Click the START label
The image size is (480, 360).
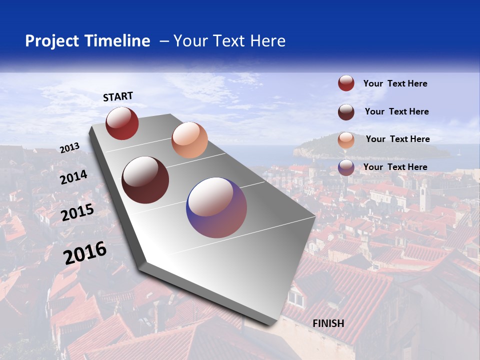118,96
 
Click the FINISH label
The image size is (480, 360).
328,323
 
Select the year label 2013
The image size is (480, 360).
69,148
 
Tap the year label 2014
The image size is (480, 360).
73,177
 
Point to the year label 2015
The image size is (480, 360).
77,212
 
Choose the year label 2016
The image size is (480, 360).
85,253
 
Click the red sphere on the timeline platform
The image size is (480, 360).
122,123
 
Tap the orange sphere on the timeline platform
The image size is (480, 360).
189,140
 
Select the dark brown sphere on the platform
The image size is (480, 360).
145,180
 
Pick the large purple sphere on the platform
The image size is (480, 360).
216,207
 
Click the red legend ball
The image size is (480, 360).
346,83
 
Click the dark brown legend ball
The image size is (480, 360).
346,112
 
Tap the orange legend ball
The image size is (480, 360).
346,140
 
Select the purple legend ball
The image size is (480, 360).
346,167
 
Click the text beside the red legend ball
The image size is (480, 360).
395,84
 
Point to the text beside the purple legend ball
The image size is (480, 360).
395,167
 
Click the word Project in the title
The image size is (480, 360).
52,41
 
